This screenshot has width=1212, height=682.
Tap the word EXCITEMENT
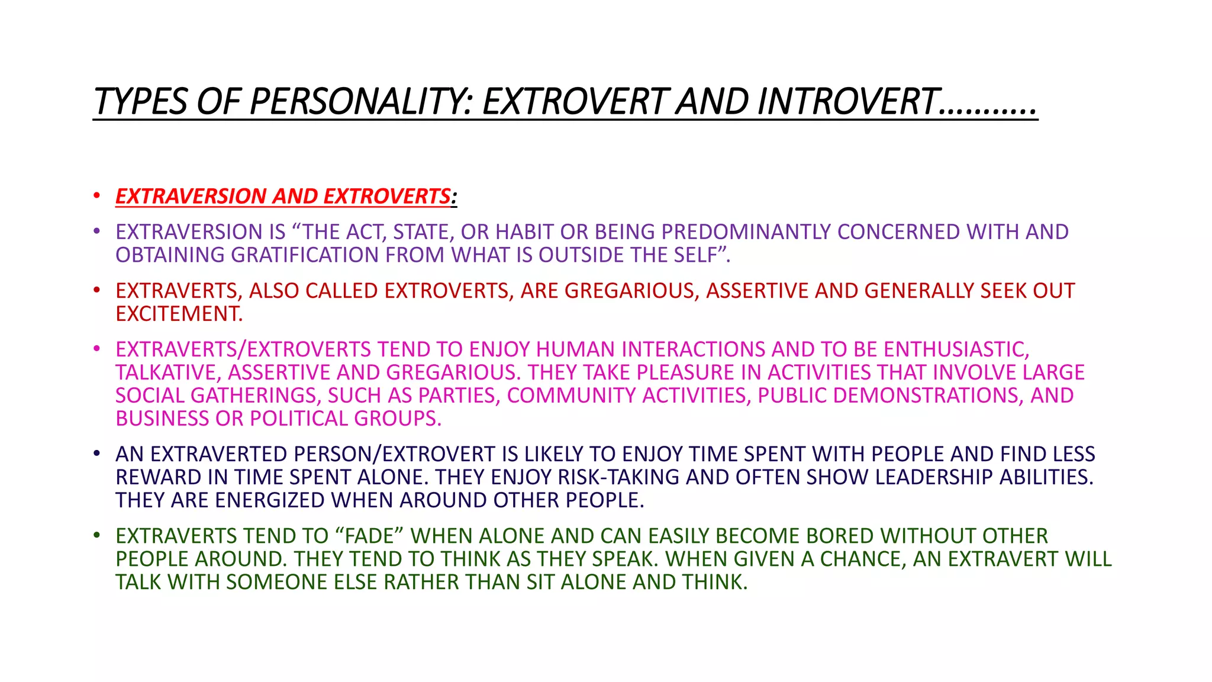[179, 314]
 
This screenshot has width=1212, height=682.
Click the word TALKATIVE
[167, 372]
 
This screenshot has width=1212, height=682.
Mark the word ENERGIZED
[270, 500]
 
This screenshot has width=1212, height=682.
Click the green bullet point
[96, 535]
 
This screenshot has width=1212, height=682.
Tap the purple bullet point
[96, 231]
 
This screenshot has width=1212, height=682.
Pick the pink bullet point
[96, 349]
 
